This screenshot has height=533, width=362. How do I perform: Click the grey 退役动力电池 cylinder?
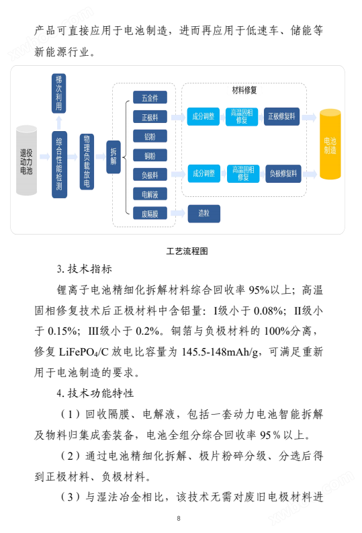[26, 161]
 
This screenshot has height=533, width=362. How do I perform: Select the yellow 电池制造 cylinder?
[330, 144]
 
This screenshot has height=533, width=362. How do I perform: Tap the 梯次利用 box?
[58, 93]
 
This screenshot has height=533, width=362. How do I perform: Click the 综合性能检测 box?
[59, 165]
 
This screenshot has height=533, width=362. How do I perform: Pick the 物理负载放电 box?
[87, 161]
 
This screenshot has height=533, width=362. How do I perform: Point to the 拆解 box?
[114, 157]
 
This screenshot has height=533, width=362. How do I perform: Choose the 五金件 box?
[150, 97]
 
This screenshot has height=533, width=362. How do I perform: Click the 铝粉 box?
[150, 136]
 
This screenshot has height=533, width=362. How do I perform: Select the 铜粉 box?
[150, 156]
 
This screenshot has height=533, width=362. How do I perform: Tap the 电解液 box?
[150, 194]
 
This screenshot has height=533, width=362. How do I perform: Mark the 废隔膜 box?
[150, 214]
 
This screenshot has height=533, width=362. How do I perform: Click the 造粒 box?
[203, 214]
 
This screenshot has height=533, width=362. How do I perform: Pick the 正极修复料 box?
[281, 116]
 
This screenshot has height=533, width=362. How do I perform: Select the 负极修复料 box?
[283, 173]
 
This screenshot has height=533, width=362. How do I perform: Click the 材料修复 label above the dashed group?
[244, 90]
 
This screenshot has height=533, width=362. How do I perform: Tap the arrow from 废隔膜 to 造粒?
[177, 213]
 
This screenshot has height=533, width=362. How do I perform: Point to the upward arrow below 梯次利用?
[58, 122]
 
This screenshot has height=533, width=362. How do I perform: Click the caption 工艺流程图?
[187, 251]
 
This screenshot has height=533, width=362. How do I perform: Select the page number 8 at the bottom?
[179, 518]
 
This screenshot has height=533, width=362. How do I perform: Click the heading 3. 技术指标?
[84, 270]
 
